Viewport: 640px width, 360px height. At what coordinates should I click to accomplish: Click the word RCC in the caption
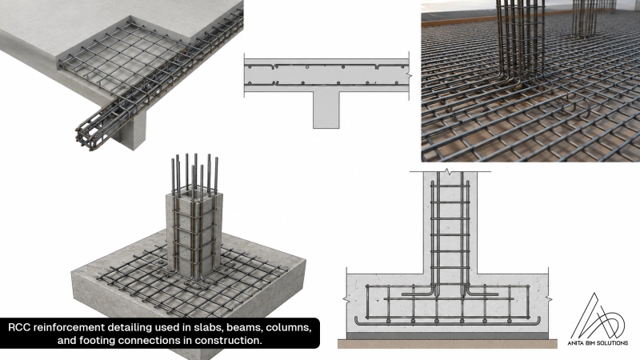[x=18, y=328]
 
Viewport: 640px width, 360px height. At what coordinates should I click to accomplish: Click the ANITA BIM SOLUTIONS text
[x=598, y=343]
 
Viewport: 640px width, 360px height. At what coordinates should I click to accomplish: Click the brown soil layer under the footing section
[x=447, y=344]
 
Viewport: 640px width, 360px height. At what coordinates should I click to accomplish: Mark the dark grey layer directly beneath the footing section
[x=447, y=335]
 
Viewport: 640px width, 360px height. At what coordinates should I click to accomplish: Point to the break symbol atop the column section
[x=449, y=171]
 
